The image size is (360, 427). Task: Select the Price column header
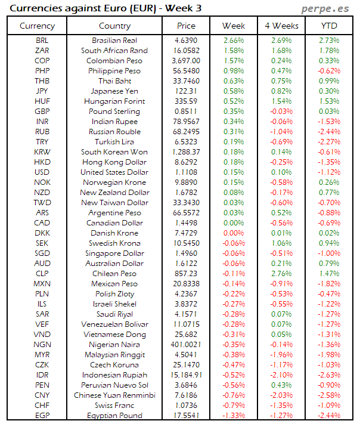click(186, 26)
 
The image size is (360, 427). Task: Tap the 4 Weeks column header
click(281, 26)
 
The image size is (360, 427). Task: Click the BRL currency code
click(42, 41)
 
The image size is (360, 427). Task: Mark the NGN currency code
click(42, 345)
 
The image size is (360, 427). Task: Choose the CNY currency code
click(42, 395)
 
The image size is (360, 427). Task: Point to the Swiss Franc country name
click(114, 406)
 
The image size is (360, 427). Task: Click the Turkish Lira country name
click(114, 142)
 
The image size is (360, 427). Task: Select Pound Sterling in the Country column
click(114, 112)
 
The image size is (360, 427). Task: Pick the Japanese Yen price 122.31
click(186, 91)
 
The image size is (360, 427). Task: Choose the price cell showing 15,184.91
click(186, 375)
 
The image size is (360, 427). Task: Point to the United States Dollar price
click(186, 172)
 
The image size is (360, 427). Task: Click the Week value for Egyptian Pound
click(233, 416)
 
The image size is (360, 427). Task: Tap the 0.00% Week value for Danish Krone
click(233, 233)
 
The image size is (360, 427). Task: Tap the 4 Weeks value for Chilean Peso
click(281, 274)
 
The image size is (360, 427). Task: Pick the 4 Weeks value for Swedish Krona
click(281, 243)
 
